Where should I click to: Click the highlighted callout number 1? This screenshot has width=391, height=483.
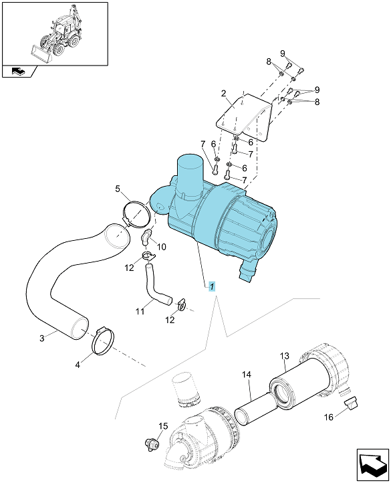coord(212,286)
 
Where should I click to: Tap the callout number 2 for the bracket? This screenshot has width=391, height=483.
coord(224,93)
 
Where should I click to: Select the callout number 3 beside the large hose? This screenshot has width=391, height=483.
coord(42,338)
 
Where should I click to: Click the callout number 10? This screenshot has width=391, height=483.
coord(162,247)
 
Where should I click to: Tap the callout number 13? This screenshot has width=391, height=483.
coord(285,356)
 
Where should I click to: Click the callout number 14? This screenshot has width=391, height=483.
coord(247,375)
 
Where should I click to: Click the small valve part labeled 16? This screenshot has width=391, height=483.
coord(350,403)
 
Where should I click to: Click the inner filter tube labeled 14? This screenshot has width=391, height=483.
coord(255,409)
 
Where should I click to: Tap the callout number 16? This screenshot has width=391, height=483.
coord(329,417)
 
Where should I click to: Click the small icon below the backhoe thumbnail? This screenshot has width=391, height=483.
coord(19,72)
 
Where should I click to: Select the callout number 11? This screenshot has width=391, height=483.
coord(140,312)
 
